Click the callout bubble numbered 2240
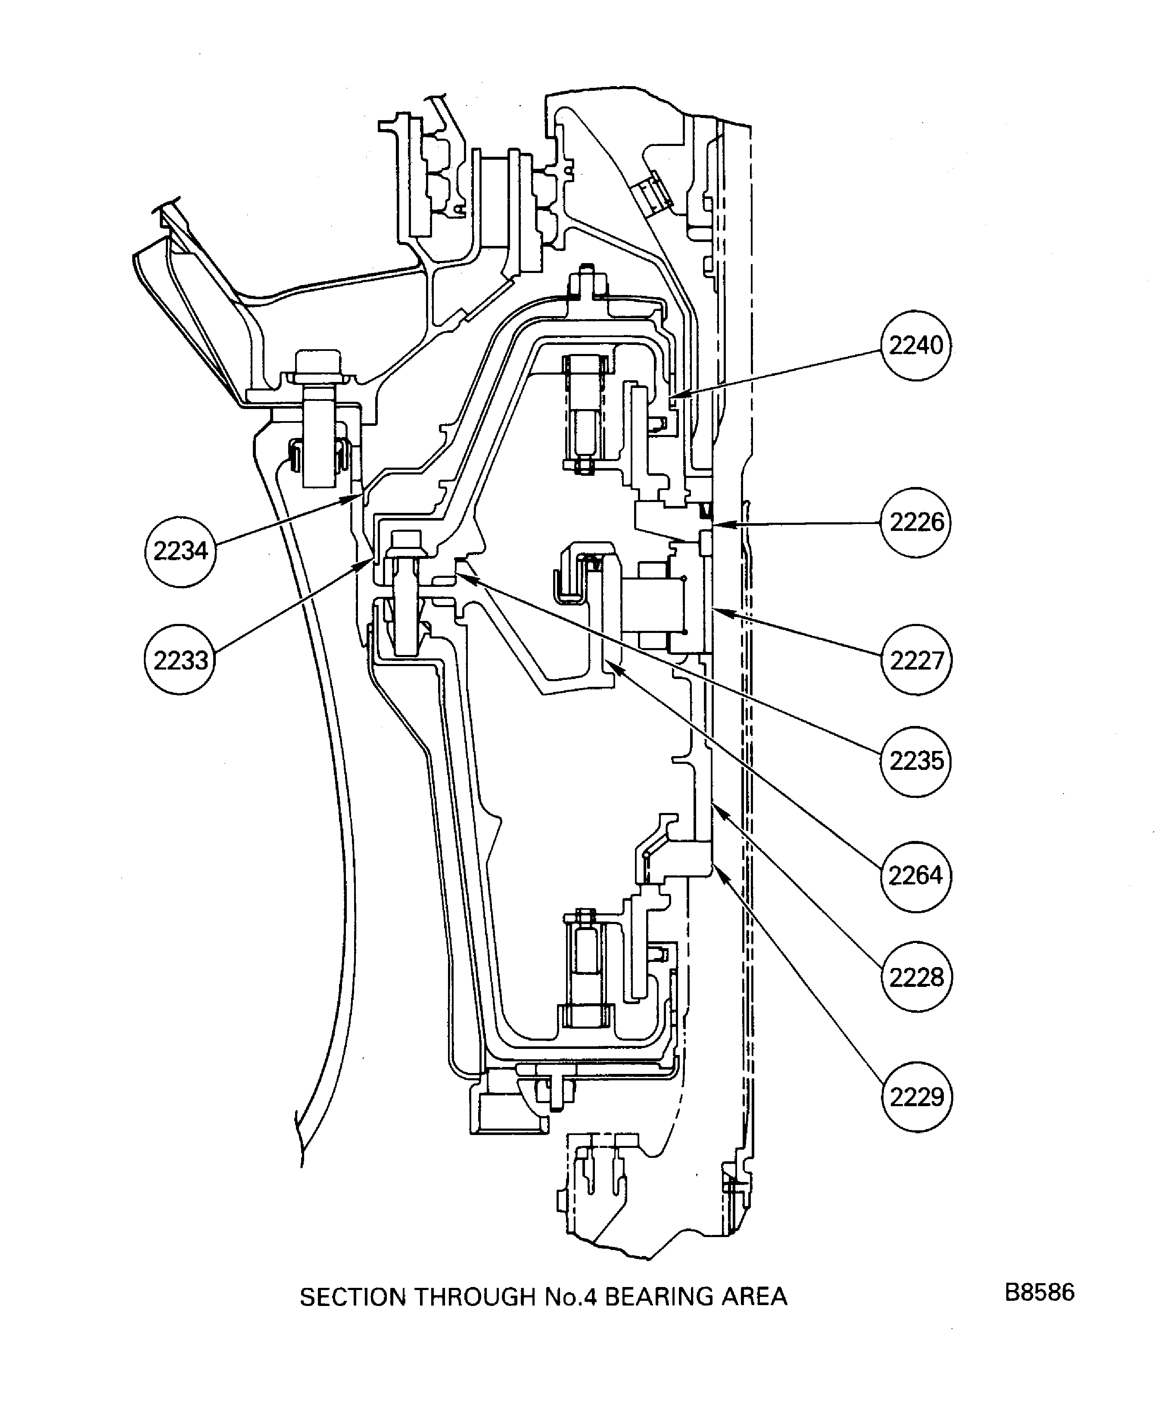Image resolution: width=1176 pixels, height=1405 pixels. [916, 346]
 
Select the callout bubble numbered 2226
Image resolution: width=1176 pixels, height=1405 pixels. [916, 523]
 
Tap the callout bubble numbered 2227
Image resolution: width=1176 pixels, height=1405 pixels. [916, 661]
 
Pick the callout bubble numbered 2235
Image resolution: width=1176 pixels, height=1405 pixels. [916, 761]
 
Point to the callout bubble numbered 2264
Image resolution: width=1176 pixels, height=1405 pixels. [916, 876]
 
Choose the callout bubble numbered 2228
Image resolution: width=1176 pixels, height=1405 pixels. [916, 977]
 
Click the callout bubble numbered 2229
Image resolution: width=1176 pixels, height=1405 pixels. [916, 1097]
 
